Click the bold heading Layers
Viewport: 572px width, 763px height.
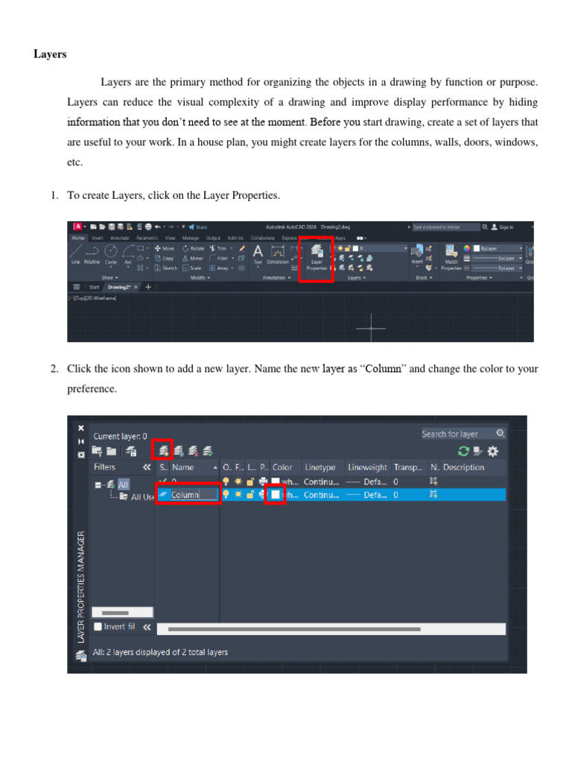tap(50, 54)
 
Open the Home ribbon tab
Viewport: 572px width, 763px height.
tap(77, 238)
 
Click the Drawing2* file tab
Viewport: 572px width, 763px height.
tap(119, 287)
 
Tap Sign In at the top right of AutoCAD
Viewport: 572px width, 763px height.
tap(506, 227)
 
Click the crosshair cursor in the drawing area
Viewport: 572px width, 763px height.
tap(370, 328)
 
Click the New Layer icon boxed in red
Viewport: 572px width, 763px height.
tap(163, 450)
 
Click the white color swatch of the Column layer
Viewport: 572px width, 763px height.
tap(276, 494)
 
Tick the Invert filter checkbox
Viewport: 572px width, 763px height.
tap(98, 627)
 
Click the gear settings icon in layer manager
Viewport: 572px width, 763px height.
tap(493, 451)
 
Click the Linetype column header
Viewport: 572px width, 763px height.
tap(320, 467)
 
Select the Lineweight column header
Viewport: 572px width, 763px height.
tap(367, 467)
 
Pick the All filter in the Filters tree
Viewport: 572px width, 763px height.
tap(123, 484)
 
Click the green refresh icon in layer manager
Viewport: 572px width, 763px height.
tap(463, 451)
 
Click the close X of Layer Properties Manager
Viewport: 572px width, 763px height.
tap(81, 428)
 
